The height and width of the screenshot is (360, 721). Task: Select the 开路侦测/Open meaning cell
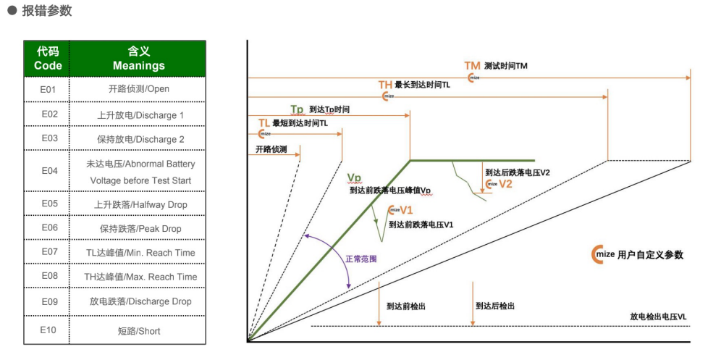tap(138, 90)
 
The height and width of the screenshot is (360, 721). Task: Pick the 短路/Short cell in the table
tap(138, 331)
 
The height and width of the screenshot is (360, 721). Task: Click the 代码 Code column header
tap(49, 59)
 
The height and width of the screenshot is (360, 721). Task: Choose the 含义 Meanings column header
tap(138, 59)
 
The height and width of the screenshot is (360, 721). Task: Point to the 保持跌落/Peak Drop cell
tap(138, 229)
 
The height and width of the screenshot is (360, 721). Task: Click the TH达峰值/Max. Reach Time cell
tap(138, 277)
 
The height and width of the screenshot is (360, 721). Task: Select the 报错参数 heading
tap(46, 12)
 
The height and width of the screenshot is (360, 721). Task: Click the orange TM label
tap(472, 65)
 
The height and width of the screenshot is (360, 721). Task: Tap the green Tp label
tap(297, 109)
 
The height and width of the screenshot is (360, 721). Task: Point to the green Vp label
tap(354, 178)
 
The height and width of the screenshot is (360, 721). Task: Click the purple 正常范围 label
tap(360, 259)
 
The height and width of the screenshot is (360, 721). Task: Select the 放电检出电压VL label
tap(657, 317)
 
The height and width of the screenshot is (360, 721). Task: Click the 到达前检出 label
tap(405, 306)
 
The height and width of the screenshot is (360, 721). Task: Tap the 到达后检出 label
tap(495, 306)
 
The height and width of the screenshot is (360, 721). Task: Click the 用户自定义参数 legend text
tap(650, 255)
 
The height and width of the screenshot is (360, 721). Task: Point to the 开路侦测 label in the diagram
tap(271, 149)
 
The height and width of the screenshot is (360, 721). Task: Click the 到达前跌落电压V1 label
tap(421, 225)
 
